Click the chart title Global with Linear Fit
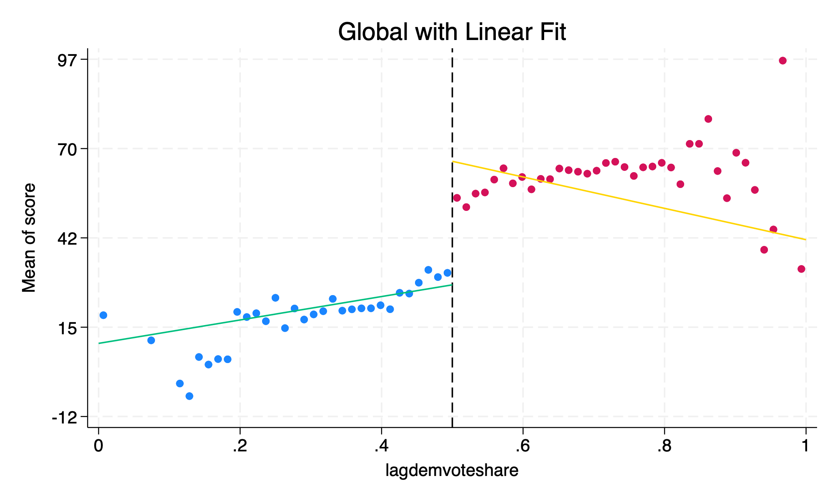pyautogui.click(x=452, y=33)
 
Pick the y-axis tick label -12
pyautogui.click(x=65, y=417)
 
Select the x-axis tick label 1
pyautogui.click(x=805, y=446)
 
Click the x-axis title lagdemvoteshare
pyautogui.click(x=452, y=471)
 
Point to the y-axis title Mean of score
pyautogui.click(x=29, y=238)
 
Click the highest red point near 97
pyautogui.click(x=782, y=61)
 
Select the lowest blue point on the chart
pyautogui.click(x=189, y=396)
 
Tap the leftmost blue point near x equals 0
pyautogui.click(x=103, y=315)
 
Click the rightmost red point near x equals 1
pyautogui.click(x=801, y=269)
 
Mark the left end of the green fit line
pyautogui.click(x=99, y=343)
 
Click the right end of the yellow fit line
pyautogui.click(x=805, y=240)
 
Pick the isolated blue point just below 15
pyautogui.click(x=151, y=340)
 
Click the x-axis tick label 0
pyautogui.click(x=98, y=446)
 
